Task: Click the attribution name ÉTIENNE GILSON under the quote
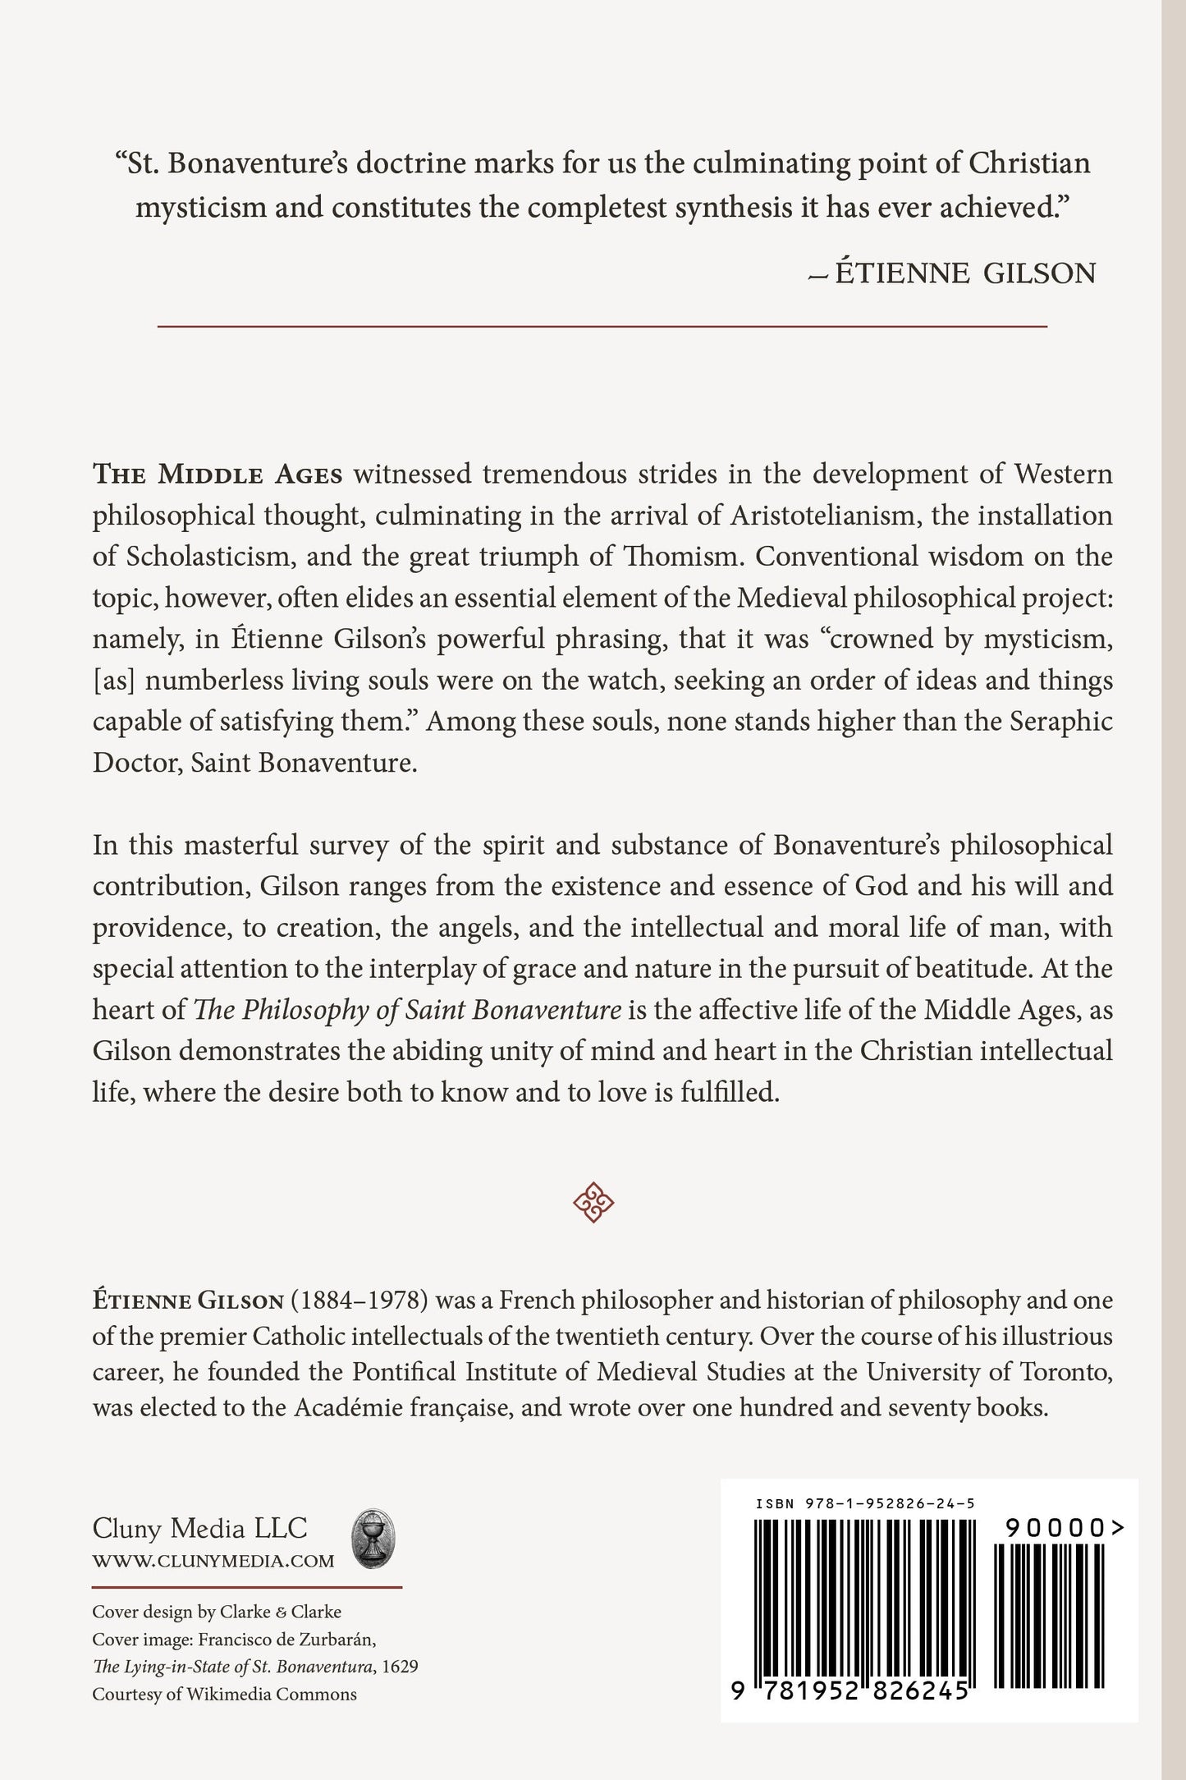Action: (x=964, y=273)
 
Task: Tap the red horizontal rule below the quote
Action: (x=602, y=327)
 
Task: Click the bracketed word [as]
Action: (x=114, y=681)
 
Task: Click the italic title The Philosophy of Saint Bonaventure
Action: (x=406, y=1010)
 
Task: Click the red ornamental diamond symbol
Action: (x=593, y=1202)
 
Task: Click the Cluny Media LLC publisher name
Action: (x=199, y=1528)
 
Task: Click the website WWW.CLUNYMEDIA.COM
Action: (x=213, y=1561)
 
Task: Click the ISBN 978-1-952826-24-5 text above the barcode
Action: (x=864, y=1503)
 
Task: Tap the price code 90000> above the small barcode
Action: (x=1064, y=1528)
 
